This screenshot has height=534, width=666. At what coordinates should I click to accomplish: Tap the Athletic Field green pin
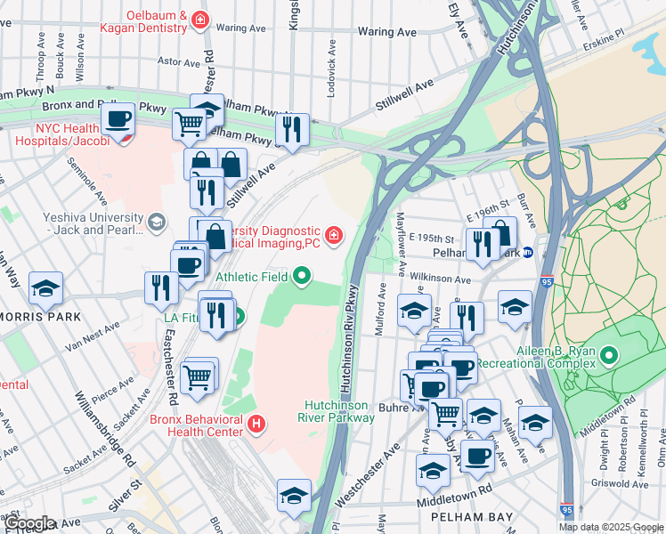302,277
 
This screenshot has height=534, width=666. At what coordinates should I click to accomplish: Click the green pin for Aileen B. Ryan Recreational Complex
609,357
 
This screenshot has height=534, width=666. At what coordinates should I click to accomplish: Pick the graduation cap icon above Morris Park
45,287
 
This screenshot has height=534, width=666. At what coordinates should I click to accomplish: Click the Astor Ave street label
179,62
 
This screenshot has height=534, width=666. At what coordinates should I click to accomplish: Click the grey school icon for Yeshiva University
158,222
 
